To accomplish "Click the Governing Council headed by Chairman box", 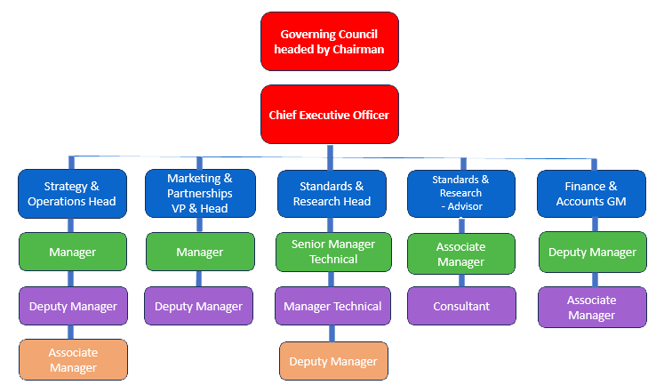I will (x=329, y=42).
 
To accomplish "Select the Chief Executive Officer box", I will (x=329, y=115).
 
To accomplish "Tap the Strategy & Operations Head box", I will (x=72, y=194).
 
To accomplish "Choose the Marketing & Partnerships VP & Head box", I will (x=199, y=194).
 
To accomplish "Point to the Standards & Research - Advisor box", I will (x=460, y=194).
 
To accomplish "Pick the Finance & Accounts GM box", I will (x=590, y=194).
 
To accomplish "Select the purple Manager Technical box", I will (x=332, y=306).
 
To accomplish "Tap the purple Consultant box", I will (x=460, y=306).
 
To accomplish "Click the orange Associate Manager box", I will (x=73, y=359).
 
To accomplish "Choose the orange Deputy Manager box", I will (x=333, y=361).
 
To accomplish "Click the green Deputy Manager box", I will (x=591, y=252).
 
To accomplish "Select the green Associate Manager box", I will (x=460, y=253).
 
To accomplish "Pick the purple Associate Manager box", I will (x=591, y=308).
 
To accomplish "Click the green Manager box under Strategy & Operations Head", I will (x=73, y=252).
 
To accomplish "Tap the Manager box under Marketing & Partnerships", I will (x=199, y=252).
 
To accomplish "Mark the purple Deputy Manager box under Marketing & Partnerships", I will (x=199, y=306).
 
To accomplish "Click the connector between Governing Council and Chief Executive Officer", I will (x=329, y=78).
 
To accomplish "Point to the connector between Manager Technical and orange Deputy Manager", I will (x=331, y=333).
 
